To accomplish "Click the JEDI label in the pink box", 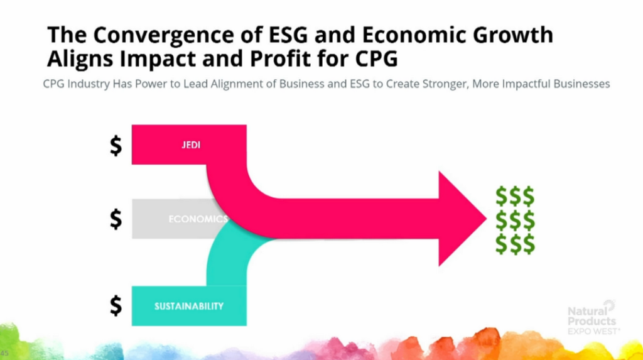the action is point(191,145).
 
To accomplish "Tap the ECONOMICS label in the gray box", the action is point(198,219).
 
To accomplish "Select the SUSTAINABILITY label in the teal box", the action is point(189,306).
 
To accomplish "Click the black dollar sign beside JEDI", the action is point(116,146).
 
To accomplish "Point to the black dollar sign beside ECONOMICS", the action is point(116,219).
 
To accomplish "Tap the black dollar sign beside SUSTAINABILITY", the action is point(116,305).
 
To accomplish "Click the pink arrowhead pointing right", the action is point(462,219).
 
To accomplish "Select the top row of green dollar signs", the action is point(515,196).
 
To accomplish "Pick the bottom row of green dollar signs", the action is point(515,244).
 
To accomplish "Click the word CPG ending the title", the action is point(377,58).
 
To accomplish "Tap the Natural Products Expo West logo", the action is point(593,318).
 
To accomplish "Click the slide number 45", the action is point(4,353).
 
